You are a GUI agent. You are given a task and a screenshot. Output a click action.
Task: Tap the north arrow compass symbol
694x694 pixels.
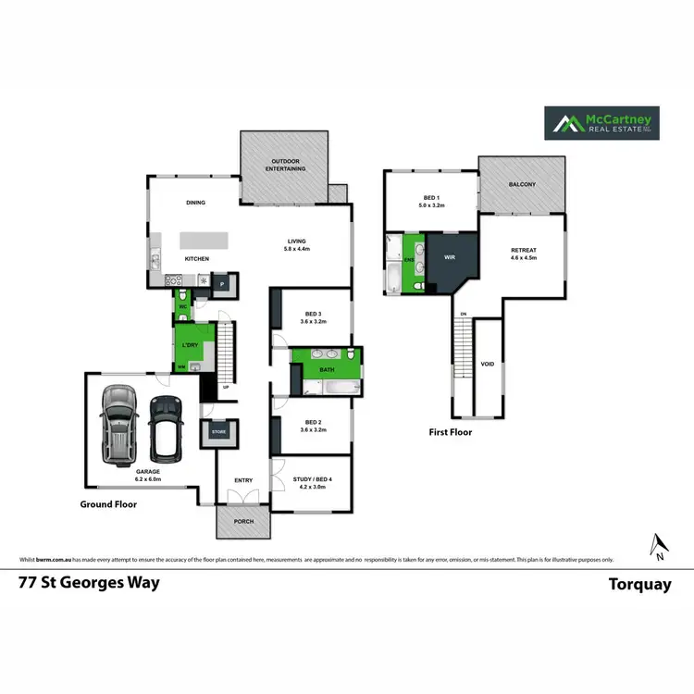[656, 547]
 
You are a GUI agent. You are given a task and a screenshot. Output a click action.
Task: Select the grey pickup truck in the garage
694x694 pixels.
[118, 423]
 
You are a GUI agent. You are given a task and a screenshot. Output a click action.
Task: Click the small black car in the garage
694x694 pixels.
[165, 429]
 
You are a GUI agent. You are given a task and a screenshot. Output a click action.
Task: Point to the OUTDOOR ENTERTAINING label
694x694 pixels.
[285, 165]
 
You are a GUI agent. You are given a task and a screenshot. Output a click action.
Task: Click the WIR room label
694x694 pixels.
[450, 257]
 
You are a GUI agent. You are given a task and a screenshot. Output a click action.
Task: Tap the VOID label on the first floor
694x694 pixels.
[488, 365]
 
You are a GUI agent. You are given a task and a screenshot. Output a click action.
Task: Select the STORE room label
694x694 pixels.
[219, 432]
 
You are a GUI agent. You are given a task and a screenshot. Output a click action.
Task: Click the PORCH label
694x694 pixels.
[243, 521]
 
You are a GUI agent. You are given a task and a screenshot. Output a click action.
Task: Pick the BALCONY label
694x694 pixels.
[522, 184]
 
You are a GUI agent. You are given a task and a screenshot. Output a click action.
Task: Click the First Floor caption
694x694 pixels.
[450, 431]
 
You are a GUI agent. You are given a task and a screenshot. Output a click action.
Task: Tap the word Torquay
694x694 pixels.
[639, 584]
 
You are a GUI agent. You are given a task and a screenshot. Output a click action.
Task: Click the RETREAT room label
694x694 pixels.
[523, 250]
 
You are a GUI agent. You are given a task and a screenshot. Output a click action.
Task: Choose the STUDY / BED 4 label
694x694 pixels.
[312, 479]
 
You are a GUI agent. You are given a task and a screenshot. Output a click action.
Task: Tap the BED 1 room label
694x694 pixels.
[431, 198]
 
